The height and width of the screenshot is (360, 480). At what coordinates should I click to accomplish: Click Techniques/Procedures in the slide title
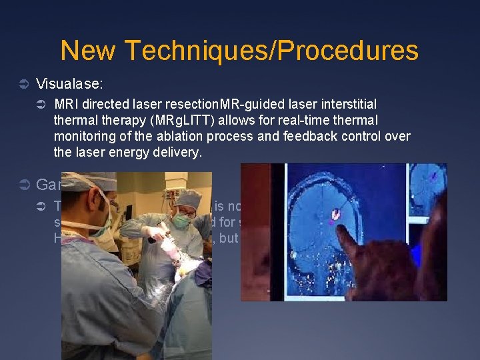pyautogui.click(x=271, y=51)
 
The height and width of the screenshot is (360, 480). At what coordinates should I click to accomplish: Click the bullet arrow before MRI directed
pyautogui.click(x=41, y=105)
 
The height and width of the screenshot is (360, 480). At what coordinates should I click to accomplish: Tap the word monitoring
pyautogui.click(x=83, y=136)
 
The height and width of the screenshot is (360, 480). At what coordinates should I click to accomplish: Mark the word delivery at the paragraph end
pyautogui.click(x=179, y=152)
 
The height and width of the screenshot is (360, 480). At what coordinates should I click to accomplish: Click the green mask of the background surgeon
pyautogui.click(x=181, y=220)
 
